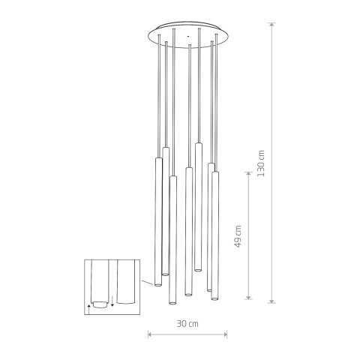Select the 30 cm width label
[x=188, y=324]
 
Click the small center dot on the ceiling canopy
[x=185, y=34]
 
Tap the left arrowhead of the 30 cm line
[x=151, y=334]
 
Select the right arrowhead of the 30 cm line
[x=224, y=334]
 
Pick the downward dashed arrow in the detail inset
[x=112, y=301]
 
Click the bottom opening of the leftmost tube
[x=158, y=285]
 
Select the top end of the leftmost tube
[x=158, y=160]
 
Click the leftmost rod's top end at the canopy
[x=159, y=44]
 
